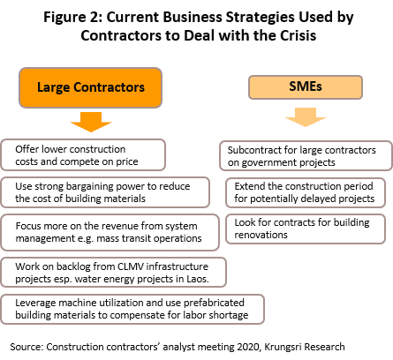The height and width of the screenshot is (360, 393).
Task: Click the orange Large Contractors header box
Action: pos(90,87)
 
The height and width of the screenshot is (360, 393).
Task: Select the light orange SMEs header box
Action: pos(306,87)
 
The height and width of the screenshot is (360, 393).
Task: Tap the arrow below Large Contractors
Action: pos(91,122)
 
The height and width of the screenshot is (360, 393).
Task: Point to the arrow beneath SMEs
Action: pos(306,117)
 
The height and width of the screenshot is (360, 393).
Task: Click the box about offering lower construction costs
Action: pos(83,155)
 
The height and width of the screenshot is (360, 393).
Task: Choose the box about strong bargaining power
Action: pos(105,192)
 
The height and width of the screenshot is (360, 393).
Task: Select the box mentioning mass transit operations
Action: pos(110,232)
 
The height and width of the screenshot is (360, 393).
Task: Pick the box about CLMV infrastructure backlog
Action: pos(113,273)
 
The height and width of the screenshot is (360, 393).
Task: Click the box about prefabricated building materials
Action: pos(132,309)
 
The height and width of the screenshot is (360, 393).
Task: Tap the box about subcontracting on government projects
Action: pos(306,156)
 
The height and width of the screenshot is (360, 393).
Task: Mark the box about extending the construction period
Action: pos(306,192)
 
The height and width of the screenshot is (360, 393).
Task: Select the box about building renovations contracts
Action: pos(306,229)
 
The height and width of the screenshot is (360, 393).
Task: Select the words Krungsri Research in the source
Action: pos(305,347)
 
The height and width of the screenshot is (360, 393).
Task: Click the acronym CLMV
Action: pos(131,266)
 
